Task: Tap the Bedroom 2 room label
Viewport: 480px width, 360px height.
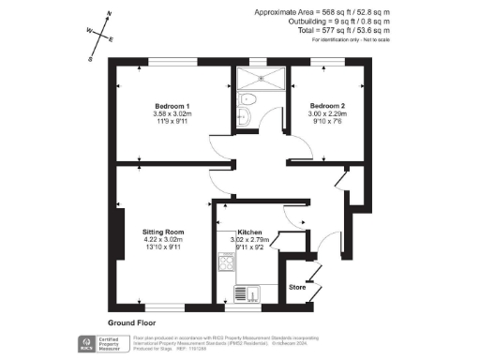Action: pyautogui.click(x=328, y=105)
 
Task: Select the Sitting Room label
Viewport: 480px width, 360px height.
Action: pyautogui.click(x=162, y=232)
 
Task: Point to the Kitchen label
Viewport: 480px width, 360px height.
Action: pyautogui.click(x=249, y=232)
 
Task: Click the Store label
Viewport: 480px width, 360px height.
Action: pyautogui.click(x=296, y=287)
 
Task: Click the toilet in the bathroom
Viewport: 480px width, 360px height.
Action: pyautogui.click(x=247, y=98)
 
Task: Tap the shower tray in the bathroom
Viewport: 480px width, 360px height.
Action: pyautogui.click(x=258, y=76)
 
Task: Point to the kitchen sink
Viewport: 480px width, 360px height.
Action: pyautogui.click(x=246, y=293)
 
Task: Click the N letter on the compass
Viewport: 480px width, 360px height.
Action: pyautogui.click(x=110, y=14)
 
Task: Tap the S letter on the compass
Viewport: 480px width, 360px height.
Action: pyautogui.click(x=91, y=58)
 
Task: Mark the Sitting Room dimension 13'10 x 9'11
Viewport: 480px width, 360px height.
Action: pyautogui.click(x=162, y=248)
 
